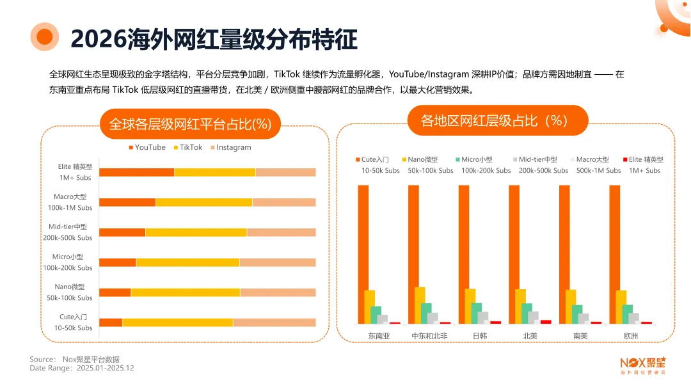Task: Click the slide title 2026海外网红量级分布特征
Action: tap(214, 38)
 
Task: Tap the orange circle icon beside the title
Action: tap(45, 37)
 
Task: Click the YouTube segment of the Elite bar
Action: tap(136, 172)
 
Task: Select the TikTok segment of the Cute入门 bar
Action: tap(177, 322)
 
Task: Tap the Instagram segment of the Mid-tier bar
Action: tap(281, 232)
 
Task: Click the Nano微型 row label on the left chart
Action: tap(70, 292)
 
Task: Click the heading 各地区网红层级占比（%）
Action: tap(497, 120)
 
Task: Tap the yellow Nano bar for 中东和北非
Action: tap(420, 305)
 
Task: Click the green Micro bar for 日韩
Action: tap(477, 313)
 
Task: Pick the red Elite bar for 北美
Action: tap(546, 322)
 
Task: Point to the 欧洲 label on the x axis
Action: tap(630, 335)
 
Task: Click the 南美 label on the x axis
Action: tap(580, 335)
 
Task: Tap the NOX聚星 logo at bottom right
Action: tap(642, 364)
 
